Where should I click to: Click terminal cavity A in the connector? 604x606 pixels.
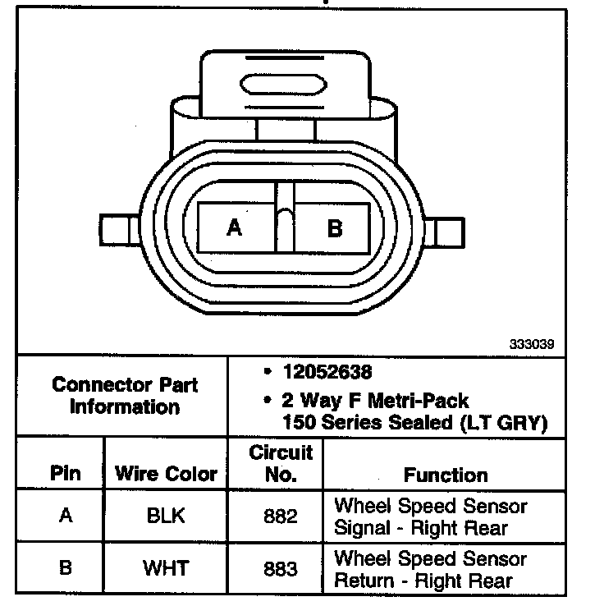[236, 227]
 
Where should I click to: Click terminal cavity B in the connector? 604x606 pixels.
[334, 227]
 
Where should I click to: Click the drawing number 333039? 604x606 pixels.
[531, 345]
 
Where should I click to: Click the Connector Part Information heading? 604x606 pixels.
[125, 395]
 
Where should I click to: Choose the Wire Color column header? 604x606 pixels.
[166, 474]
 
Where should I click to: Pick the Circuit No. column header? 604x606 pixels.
[281, 462]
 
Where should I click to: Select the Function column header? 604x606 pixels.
[446, 475]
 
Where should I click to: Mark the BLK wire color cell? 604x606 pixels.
[166, 516]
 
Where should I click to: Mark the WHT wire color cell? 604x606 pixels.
[166, 567]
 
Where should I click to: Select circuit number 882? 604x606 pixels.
[281, 516]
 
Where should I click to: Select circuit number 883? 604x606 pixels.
[281, 567]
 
